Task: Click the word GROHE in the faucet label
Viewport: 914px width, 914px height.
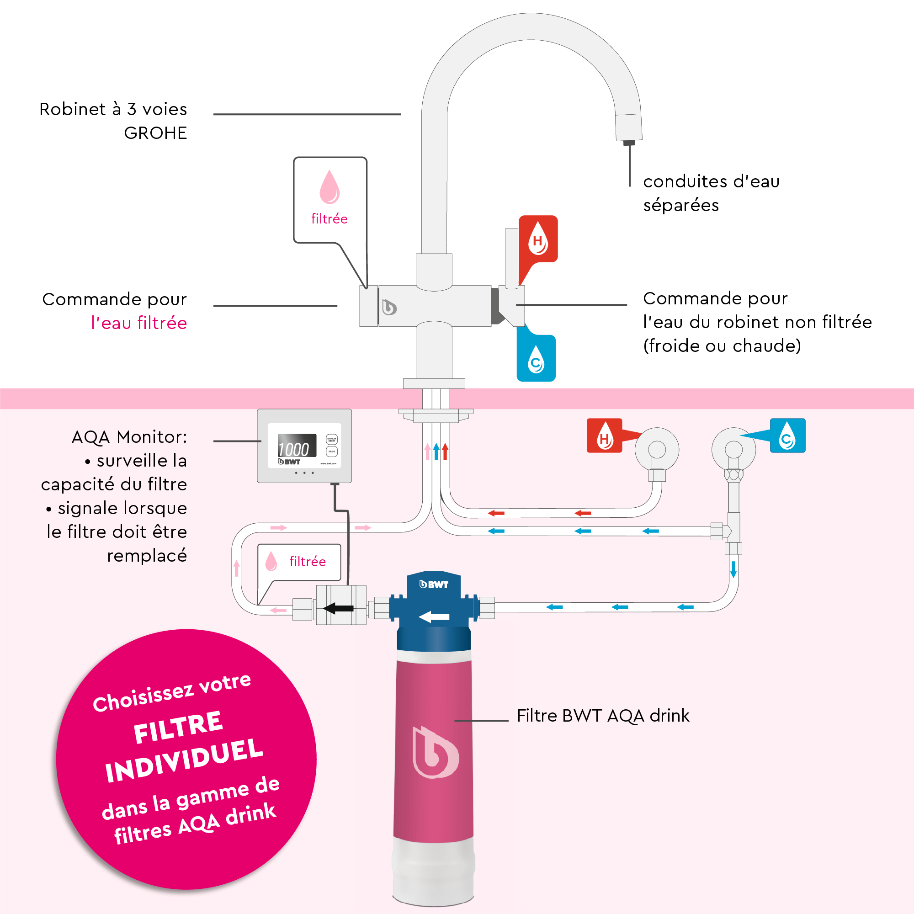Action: pos(155,133)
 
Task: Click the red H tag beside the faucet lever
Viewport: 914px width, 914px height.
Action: pos(538,239)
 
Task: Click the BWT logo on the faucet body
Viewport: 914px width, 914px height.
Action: pos(389,307)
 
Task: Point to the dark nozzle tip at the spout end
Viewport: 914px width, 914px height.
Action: pos(629,143)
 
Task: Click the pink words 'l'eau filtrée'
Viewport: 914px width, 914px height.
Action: pos(139,323)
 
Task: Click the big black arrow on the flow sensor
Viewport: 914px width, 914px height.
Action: pos(338,608)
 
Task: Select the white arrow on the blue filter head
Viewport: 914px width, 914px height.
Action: pos(434,616)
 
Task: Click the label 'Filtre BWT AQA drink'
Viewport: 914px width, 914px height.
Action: pos(603,716)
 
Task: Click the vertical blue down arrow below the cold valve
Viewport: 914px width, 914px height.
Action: pos(733,569)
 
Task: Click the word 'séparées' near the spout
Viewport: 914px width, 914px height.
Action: pos(681,206)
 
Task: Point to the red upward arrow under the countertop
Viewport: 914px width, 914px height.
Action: pos(445,452)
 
